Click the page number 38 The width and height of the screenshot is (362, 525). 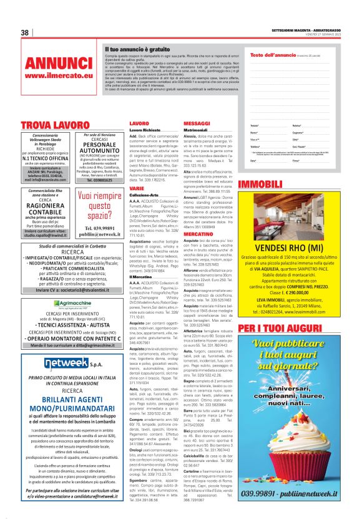(x=25, y=32)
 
